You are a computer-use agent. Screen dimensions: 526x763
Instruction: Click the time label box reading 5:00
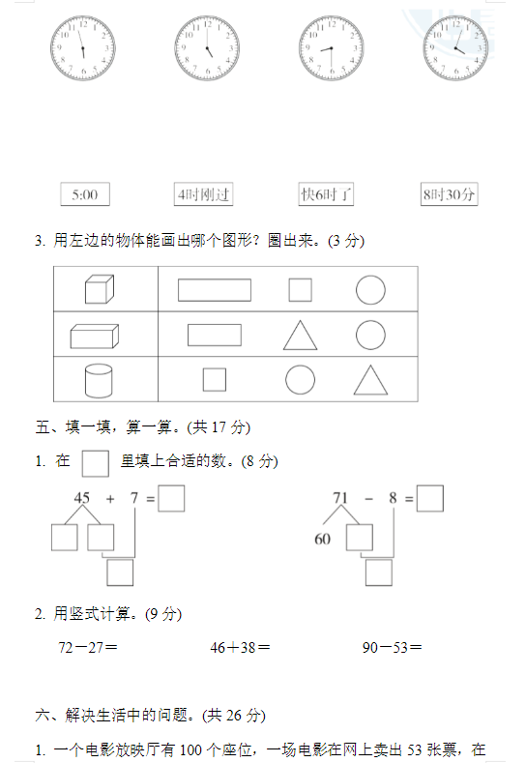(85, 194)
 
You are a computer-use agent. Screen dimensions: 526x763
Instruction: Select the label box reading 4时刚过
(203, 194)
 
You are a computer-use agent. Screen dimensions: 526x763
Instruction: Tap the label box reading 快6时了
(326, 194)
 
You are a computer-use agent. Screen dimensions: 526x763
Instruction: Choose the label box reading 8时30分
(449, 194)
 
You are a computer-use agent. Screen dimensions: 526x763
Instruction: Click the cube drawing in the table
(100, 289)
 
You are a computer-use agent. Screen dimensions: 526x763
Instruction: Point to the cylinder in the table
(99, 380)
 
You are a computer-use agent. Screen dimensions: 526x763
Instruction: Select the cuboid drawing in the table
(95, 337)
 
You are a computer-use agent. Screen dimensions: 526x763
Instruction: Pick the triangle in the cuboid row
(300, 336)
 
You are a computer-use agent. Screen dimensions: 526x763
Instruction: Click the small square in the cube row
(300, 290)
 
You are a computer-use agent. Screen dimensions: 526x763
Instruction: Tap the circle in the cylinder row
(300, 379)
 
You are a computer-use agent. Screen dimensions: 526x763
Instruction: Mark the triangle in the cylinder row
(370, 379)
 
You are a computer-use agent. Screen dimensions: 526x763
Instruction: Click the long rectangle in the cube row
(215, 290)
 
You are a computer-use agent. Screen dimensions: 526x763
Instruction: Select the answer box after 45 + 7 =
(171, 498)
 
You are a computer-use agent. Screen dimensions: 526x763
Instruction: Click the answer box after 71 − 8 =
(430, 498)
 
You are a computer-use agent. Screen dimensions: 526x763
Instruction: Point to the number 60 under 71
(323, 539)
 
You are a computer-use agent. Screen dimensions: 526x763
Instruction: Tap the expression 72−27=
(88, 647)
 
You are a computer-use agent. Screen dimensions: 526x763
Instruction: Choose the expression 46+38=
(241, 647)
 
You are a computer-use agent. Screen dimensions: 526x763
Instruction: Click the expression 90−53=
(393, 647)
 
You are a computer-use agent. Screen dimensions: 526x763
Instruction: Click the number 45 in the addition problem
(82, 497)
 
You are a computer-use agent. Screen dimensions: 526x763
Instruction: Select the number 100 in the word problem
(190, 749)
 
